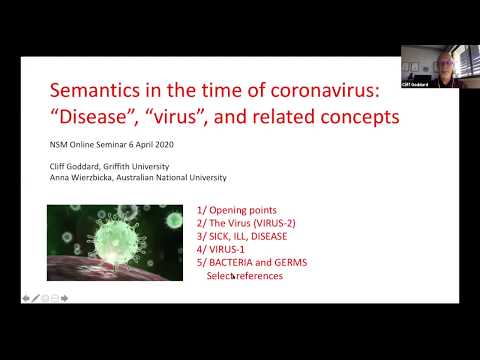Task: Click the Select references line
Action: [245, 275]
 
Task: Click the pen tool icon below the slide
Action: [35, 298]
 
